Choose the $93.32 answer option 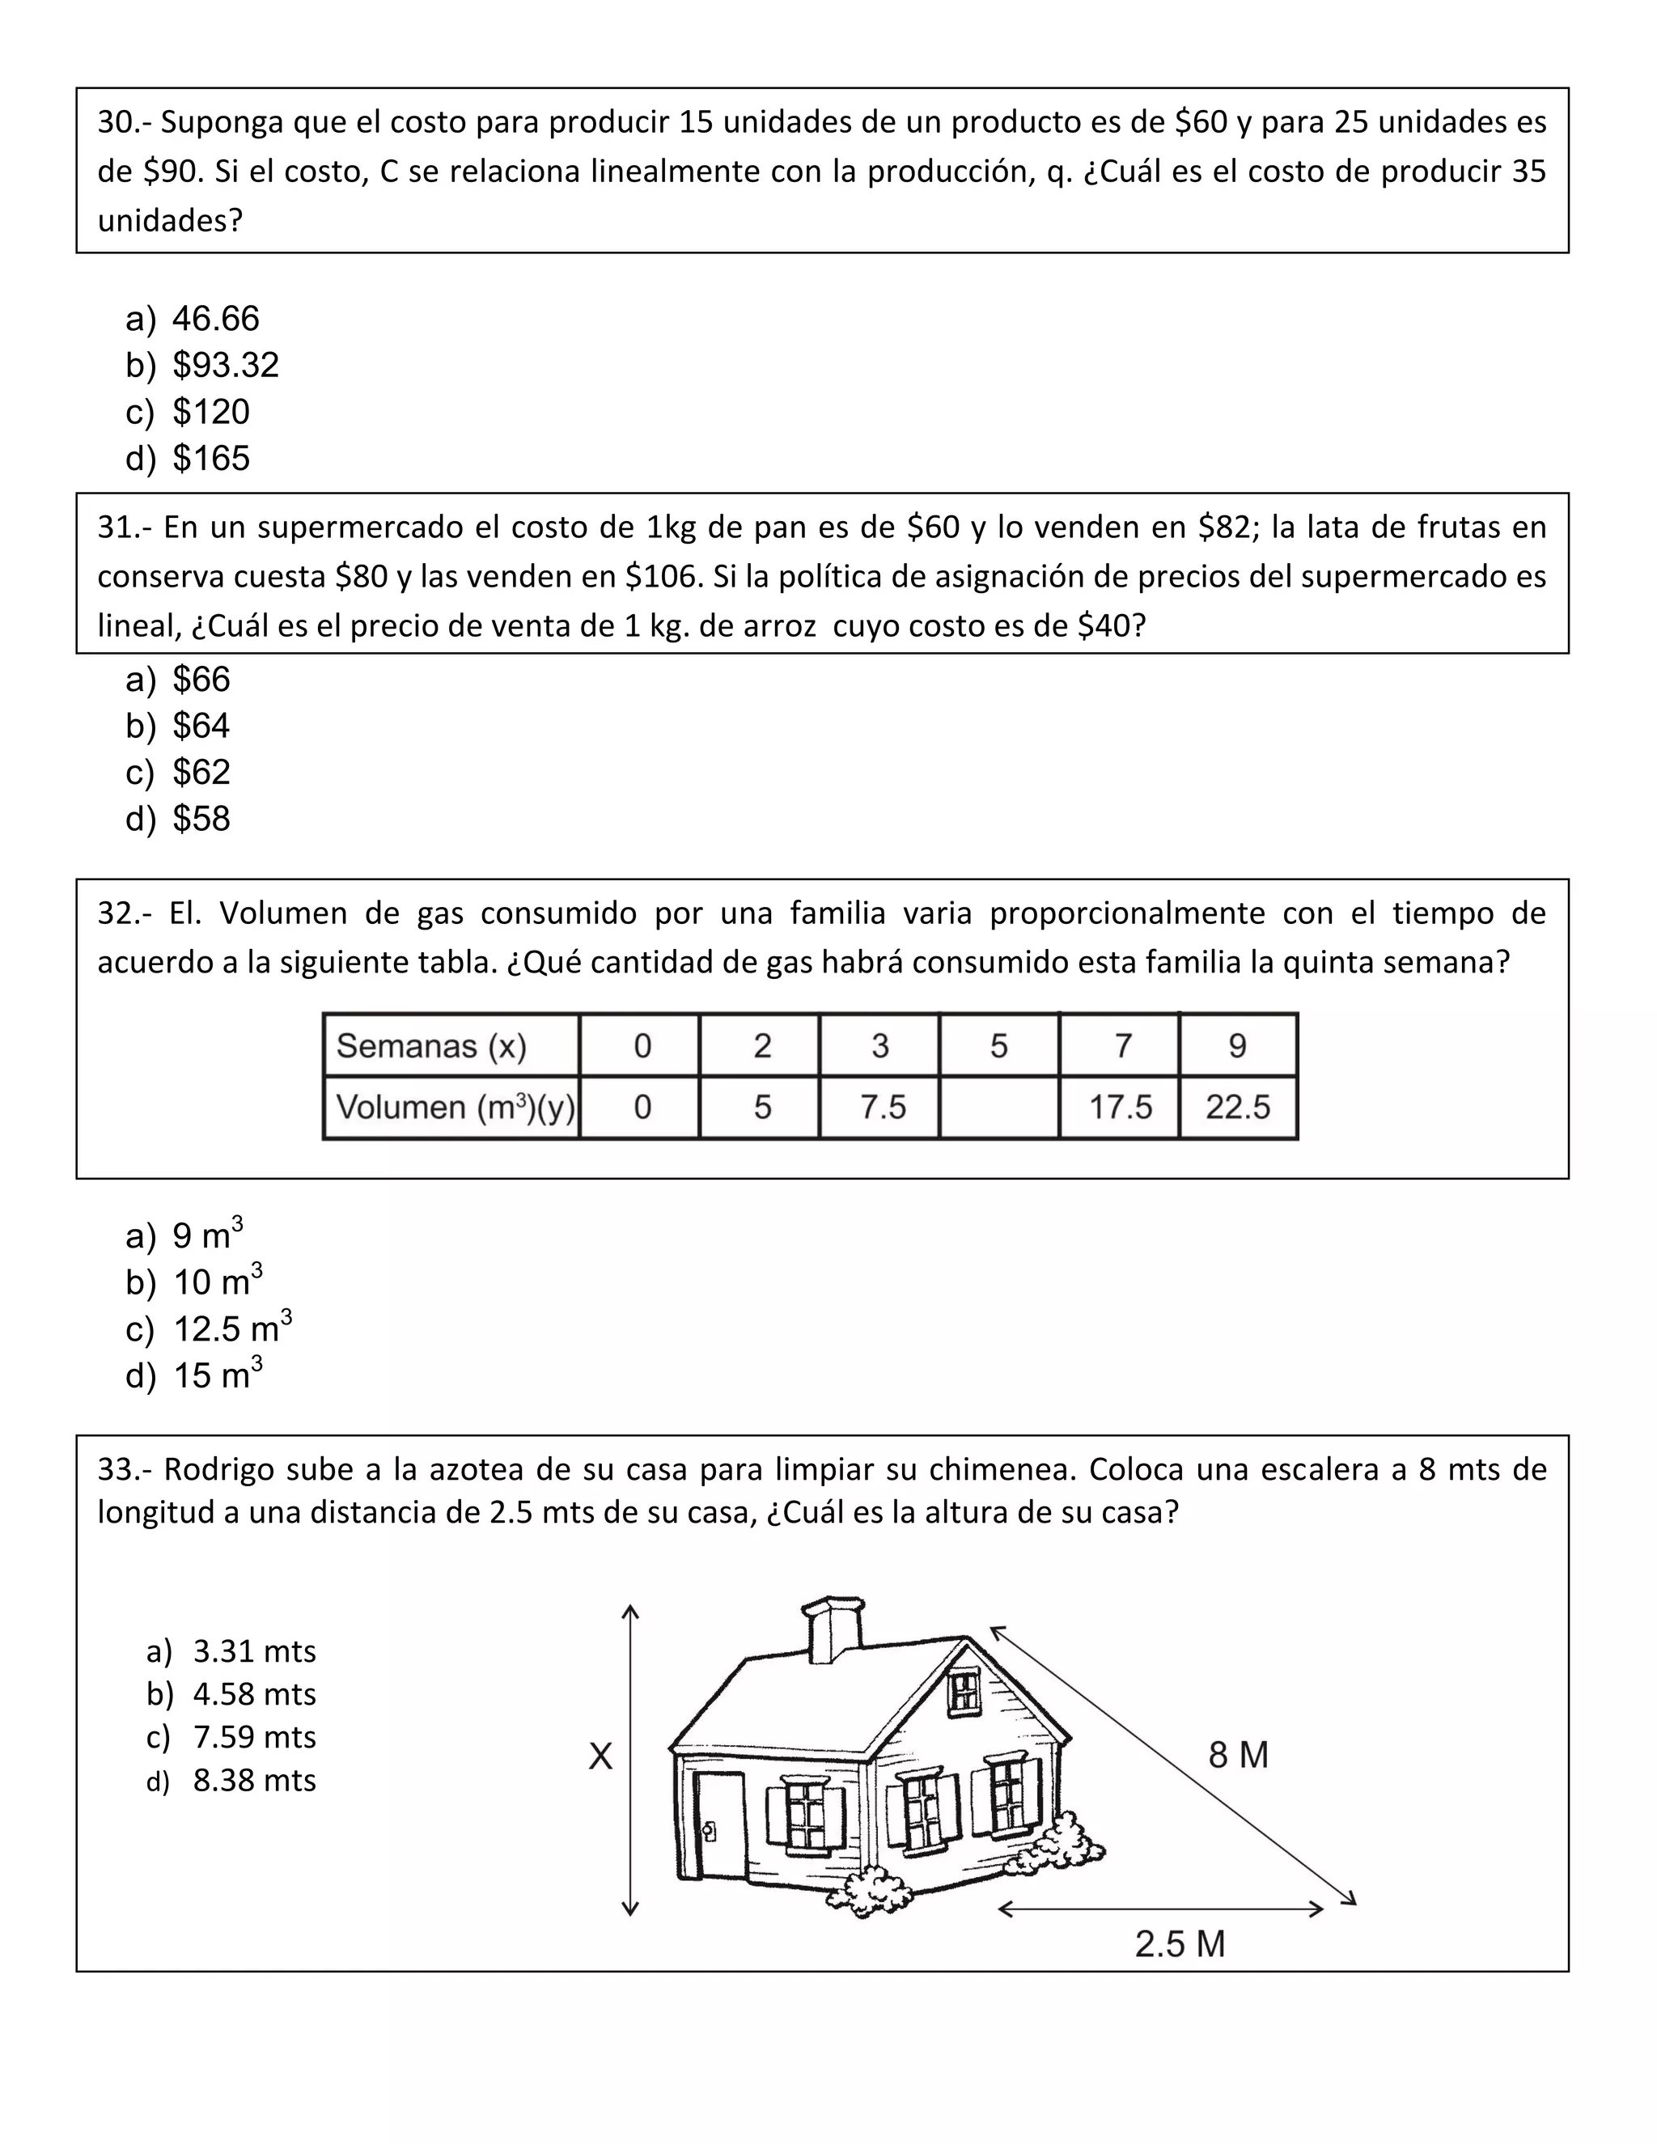pyautogui.click(x=225, y=365)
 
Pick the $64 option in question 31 pyautogui.click(x=201, y=727)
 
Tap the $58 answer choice pyautogui.click(x=201, y=819)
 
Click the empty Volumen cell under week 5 pyautogui.click(x=998, y=1108)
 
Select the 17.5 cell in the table pyautogui.click(x=1119, y=1108)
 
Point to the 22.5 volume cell pyautogui.click(x=1238, y=1108)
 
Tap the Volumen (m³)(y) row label pyautogui.click(x=451, y=1108)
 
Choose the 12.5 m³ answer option pyautogui.click(x=231, y=1328)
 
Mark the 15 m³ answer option pyautogui.click(x=217, y=1375)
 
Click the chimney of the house pyautogui.click(x=833, y=1629)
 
